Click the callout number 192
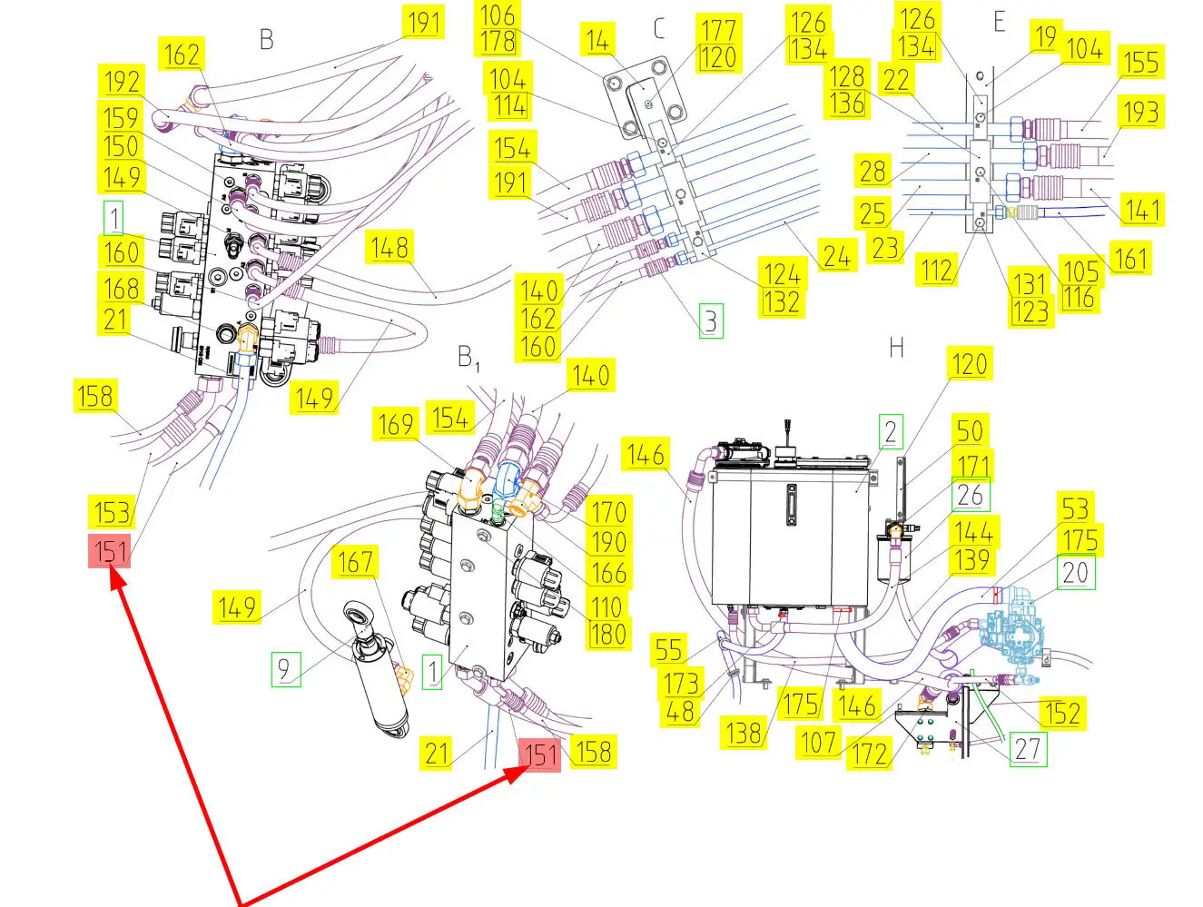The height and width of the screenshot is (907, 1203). (122, 83)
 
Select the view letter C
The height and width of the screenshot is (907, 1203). (659, 28)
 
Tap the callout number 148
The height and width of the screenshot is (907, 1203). (389, 248)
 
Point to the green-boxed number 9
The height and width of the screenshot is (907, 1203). (284, 668)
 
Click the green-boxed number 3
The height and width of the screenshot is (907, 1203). (711, 321)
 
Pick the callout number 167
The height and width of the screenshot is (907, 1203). (355, 562)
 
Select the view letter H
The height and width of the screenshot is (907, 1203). (897, 348)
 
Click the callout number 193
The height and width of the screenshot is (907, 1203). (1140, 113)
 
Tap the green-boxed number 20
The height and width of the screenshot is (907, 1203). (1075, 573)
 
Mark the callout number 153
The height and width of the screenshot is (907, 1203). (112, 512)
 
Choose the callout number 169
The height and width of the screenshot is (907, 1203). (395, 425)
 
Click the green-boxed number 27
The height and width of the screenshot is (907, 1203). (1028, 749)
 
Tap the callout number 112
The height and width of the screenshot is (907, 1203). (936, 271)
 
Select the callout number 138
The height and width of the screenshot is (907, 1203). (744, 733)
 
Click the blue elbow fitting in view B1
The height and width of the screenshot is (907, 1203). (507, 478)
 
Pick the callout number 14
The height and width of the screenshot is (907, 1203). (597, 41)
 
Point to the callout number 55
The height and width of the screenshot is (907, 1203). (668, 651)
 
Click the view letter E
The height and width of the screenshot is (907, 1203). (999, 22)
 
